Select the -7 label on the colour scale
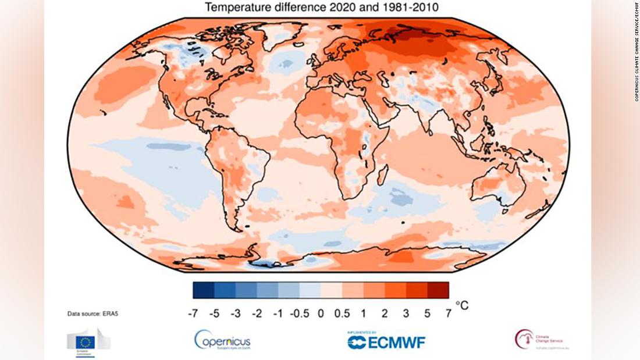pyautogui.click(x=193, y=313)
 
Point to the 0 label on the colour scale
pyautogui.click(x=320, y=313)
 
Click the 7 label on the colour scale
pyautogui.click(x=447, y=313)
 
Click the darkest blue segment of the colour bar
pyautogui.click(x=204, y=290)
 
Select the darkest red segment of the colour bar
pyautogui.click(x=438, y=290)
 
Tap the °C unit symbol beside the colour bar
pyautogui.click(x=461, y=305)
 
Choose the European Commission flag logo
pyautogui.click(x=88, y=340)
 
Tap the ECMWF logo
pyautogui.click(x=386, y=341)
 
